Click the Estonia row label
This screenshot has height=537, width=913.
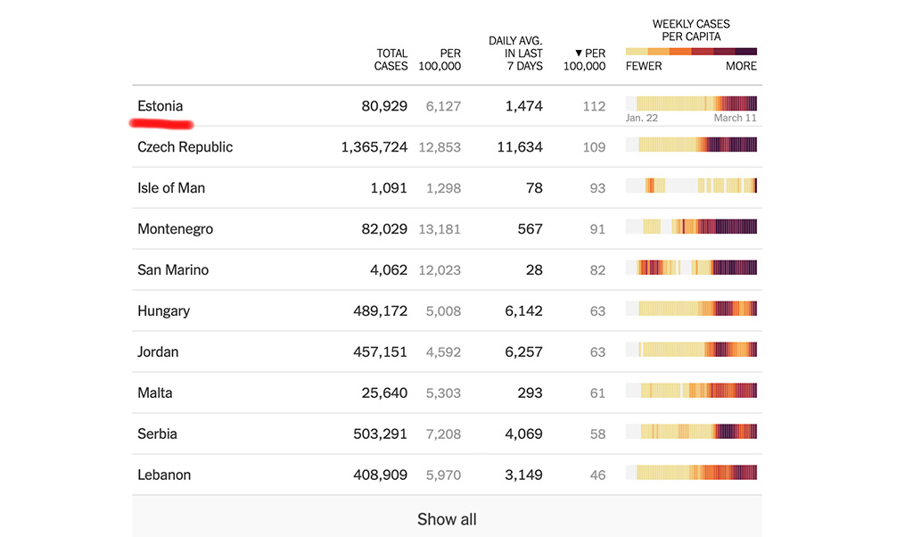click(x=160, y=106)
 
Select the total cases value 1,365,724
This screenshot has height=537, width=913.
click(x=374, y=147)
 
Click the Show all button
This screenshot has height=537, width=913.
click(x=447, y=519)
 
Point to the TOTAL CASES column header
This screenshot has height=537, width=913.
click(x=391, y=60)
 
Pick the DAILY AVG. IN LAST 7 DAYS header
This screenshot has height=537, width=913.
click(x=515, y=54)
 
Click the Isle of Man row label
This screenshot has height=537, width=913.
click(x=171, y=188)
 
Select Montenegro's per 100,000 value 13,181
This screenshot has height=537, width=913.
click(x=440, y=229)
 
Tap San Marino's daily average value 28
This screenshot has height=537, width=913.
click(x=534, y=270)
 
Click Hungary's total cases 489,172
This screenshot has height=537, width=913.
click(x=380, y=311)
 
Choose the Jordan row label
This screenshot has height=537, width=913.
click(x=158, y=352)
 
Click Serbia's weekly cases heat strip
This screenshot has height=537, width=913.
click(x=691, y=432)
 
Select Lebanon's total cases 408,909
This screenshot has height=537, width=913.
click(x=380, y=475)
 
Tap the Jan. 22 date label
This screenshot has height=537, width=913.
click(x=642, y=118)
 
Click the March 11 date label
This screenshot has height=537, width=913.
click(x=735, y=118)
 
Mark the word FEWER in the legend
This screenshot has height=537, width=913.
click(x=644, y=66)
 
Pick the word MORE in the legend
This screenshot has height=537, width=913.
click(x=741, y=66)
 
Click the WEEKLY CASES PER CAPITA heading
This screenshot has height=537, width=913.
click(x=691, y=30)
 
